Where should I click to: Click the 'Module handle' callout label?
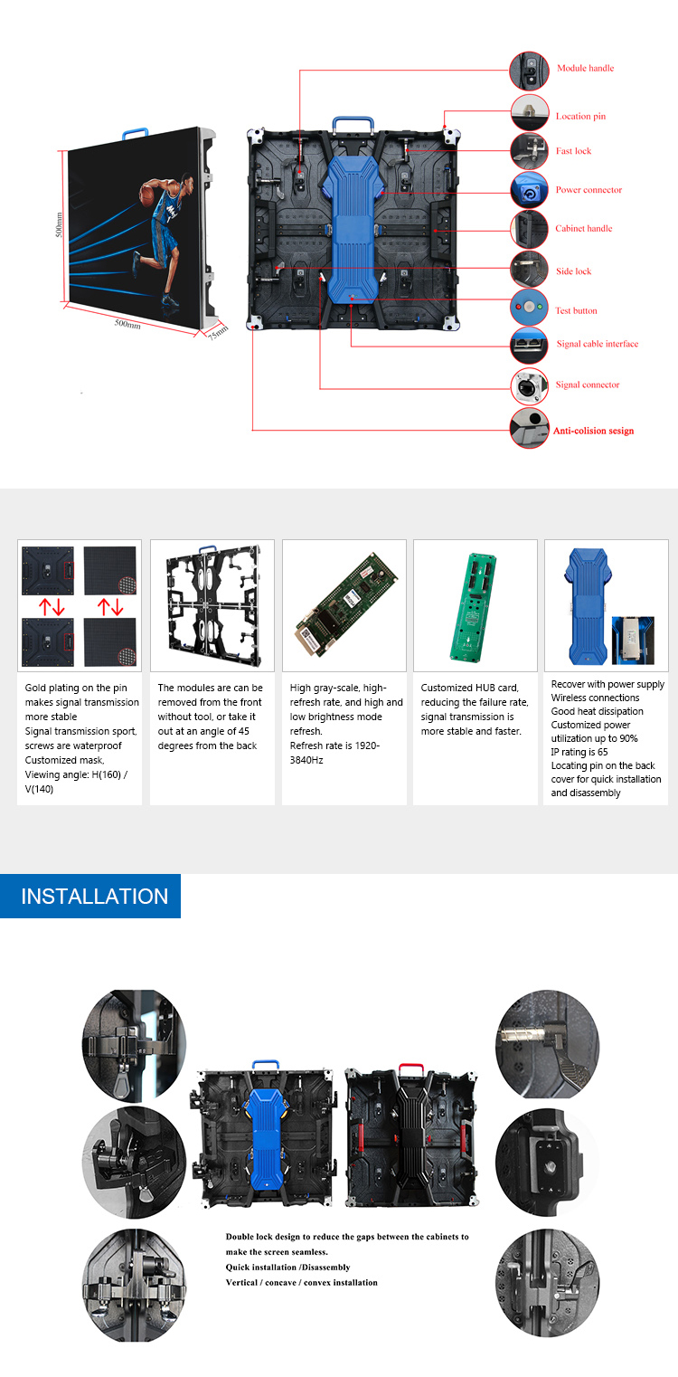tap(585, 68)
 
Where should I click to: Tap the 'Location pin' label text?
tap(580, 116)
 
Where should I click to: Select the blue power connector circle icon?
tap(529, 190)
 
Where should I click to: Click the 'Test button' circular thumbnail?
tap(529, 307)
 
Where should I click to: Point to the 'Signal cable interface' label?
tap(597, 344)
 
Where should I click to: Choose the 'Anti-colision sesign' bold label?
tap(593, 431)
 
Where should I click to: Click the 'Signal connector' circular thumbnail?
tap(529, 386)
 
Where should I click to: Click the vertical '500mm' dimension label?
tap(59, 225)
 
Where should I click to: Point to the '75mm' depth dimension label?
tap(218, 333)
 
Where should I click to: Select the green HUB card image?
tap(474, 607)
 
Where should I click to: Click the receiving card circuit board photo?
tap(346, 605)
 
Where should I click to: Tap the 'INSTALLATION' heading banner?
tap(90, 897)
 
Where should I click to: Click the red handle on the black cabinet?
tap(411, 1070)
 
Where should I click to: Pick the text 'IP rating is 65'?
tap(579, 752)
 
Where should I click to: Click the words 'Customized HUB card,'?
tap(470, 688)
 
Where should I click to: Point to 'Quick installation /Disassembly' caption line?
tap(288, 1267)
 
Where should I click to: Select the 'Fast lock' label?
tap(574, 151)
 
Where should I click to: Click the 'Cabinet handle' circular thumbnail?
tap(529, 229)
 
